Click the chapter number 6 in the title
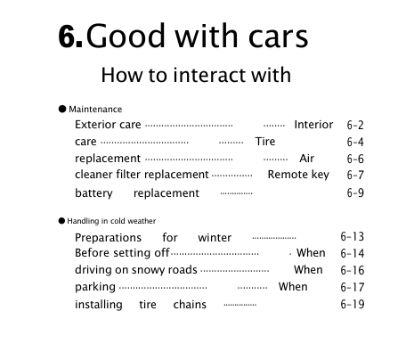pos(69,37)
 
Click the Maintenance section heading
pos(95,109)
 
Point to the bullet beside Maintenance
pos(62,109)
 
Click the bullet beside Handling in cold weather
pos(62,219)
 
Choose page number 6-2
pos(355,126)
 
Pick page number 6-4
pos(355,143)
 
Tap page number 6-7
pos(355,176)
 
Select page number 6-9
pos(355,193)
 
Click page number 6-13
pos(353,237)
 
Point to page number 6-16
pos(353,270)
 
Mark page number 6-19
pos(353,305)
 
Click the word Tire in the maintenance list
pos(265,142)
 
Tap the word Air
pos(307,159)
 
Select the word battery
pos(93,193)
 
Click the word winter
pos(215,238)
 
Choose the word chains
pos(190,305)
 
